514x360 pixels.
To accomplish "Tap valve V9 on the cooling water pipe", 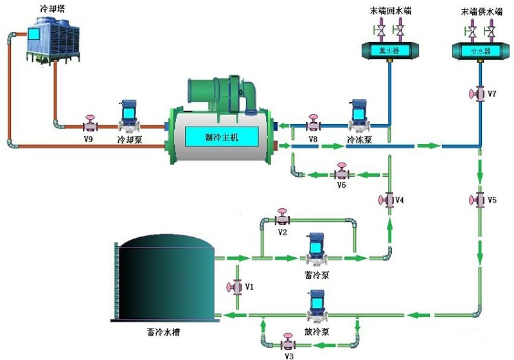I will [x=90, y=124].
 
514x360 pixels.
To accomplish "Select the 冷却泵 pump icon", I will [x=129, y=115].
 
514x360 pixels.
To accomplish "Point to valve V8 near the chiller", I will [x=313, y=124].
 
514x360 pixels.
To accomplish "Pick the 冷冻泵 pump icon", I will [x=358, y=115].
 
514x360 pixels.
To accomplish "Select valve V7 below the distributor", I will [x=477, y=94].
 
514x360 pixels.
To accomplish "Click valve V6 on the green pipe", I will [x=341, y=173].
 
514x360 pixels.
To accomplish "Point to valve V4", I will [x=387, y=200].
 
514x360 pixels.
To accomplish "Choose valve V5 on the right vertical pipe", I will [x=478, y=200].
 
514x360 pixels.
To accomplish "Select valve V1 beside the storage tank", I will [x=235, y=286].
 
